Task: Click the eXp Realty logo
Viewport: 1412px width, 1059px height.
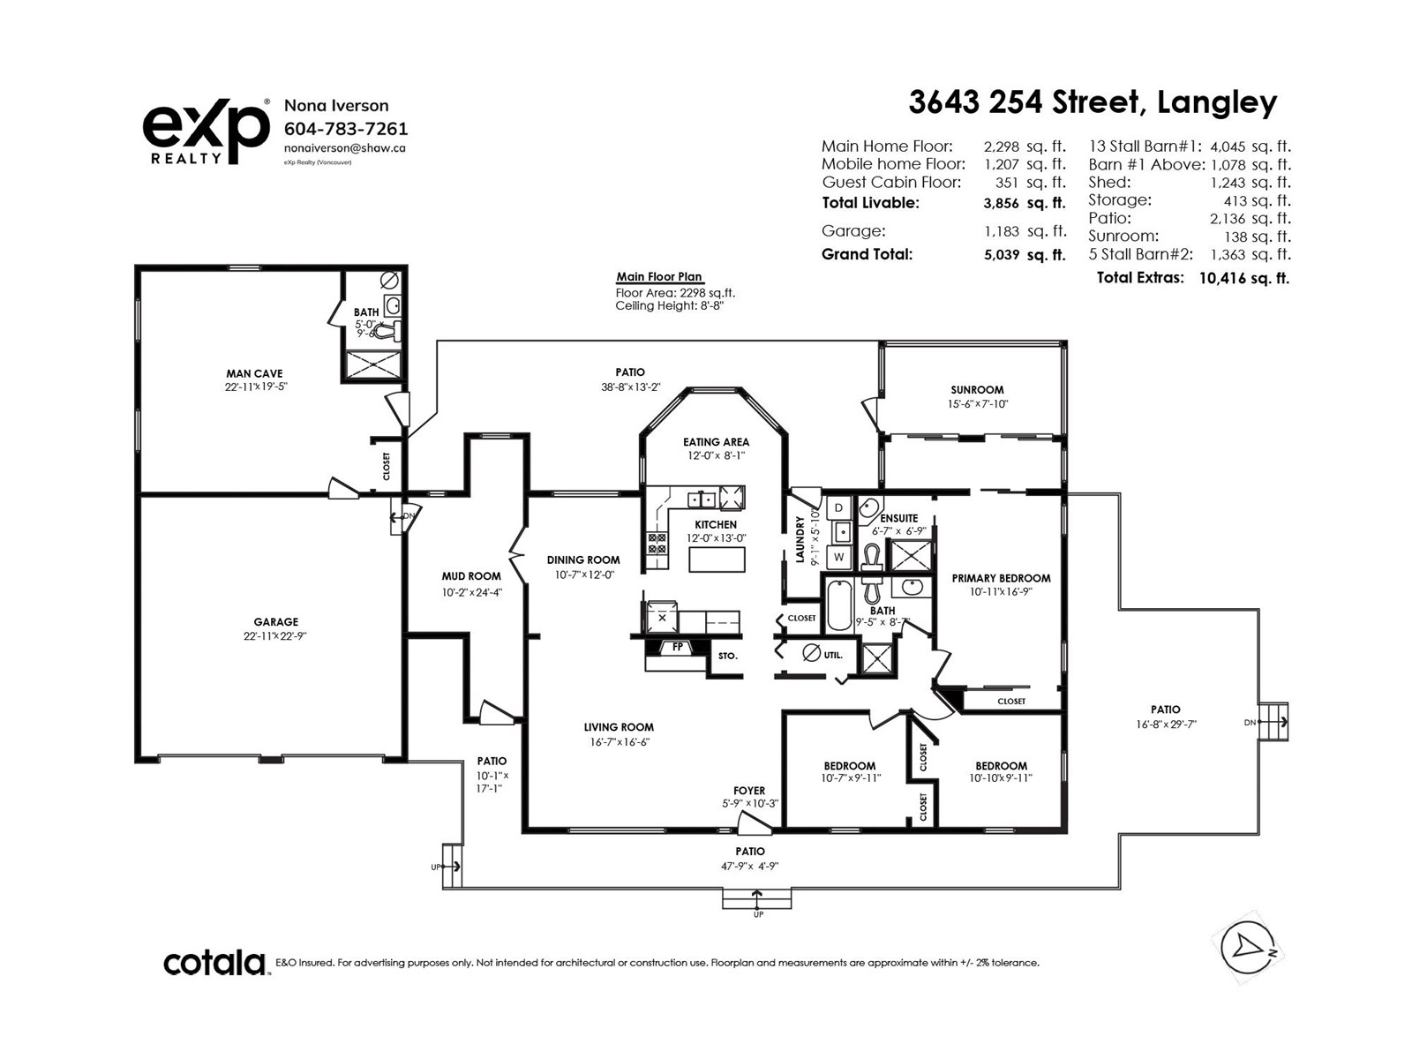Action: point(206,131)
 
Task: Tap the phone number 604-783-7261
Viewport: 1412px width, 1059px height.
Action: point(345,129)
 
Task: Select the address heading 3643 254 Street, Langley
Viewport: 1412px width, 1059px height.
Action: point(1093,102)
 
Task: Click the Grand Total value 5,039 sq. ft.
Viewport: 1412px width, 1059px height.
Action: point(1025,255)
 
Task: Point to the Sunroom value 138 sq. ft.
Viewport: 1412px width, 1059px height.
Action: point(1258,237)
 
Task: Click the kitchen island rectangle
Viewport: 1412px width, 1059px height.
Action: point(717,560)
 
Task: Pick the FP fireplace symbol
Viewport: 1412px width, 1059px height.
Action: point(678,647)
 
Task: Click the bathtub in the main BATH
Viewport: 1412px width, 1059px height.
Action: point(839,605)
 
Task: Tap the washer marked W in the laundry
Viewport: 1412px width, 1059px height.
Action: point(839,558)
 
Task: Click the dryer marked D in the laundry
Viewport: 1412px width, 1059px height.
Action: point(838,508)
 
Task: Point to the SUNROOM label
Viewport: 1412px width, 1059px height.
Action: point(977,389)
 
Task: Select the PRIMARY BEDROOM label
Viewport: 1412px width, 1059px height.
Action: point(1001,579)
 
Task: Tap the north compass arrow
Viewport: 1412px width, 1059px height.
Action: point(1247,947)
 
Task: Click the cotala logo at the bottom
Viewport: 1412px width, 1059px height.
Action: point(214,963)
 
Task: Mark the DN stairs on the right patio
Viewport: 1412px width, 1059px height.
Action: point(1273,722)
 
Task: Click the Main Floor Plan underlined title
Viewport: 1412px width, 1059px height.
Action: point(658,276)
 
